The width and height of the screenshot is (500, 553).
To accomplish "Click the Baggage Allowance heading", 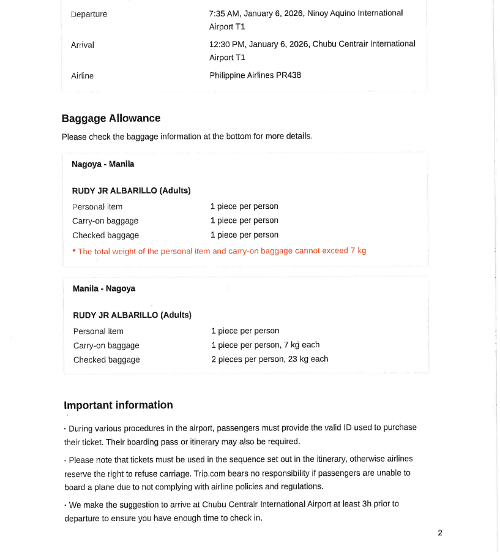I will point(111,118).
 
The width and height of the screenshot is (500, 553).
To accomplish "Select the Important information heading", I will point(118,405).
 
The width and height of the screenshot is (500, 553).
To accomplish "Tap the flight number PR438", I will point(288,75).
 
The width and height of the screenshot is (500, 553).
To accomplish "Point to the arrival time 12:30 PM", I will point(226,43).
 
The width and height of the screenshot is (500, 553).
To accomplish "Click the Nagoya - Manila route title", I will point(103,164).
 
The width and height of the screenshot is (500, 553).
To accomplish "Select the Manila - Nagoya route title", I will point(104,288).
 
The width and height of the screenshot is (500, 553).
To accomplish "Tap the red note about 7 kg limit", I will point(219,251).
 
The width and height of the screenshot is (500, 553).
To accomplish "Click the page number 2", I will point(439,533).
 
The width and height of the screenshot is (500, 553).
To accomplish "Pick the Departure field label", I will point(89,14).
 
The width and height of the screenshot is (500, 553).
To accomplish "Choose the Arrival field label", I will point(83,45).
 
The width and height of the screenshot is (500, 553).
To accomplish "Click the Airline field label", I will point(83,76).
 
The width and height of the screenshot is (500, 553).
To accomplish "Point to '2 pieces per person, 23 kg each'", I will point(269,359).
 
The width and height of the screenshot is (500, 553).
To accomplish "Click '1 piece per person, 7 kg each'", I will point(265,345).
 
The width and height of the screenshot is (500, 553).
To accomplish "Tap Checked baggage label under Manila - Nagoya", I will point(106,360).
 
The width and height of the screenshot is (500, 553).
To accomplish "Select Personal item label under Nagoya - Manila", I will point(97,207).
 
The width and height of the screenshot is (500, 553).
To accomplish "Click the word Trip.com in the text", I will point(209,473).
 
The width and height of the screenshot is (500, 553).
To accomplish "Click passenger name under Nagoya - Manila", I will point(131,190).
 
